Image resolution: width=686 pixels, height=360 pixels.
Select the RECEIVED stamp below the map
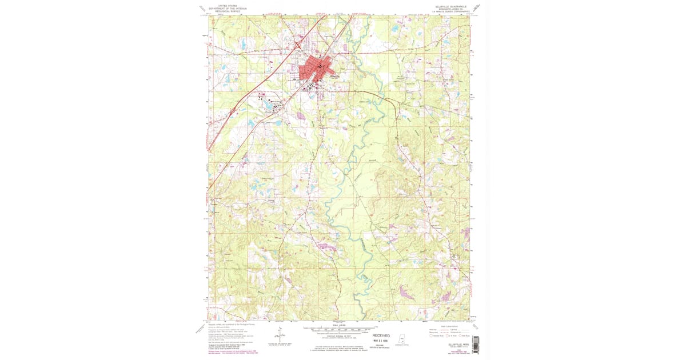tap(381, 335)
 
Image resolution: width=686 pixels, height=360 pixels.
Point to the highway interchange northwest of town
tap(297, 44)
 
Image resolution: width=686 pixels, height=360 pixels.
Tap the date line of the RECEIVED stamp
tap(381, 341)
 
